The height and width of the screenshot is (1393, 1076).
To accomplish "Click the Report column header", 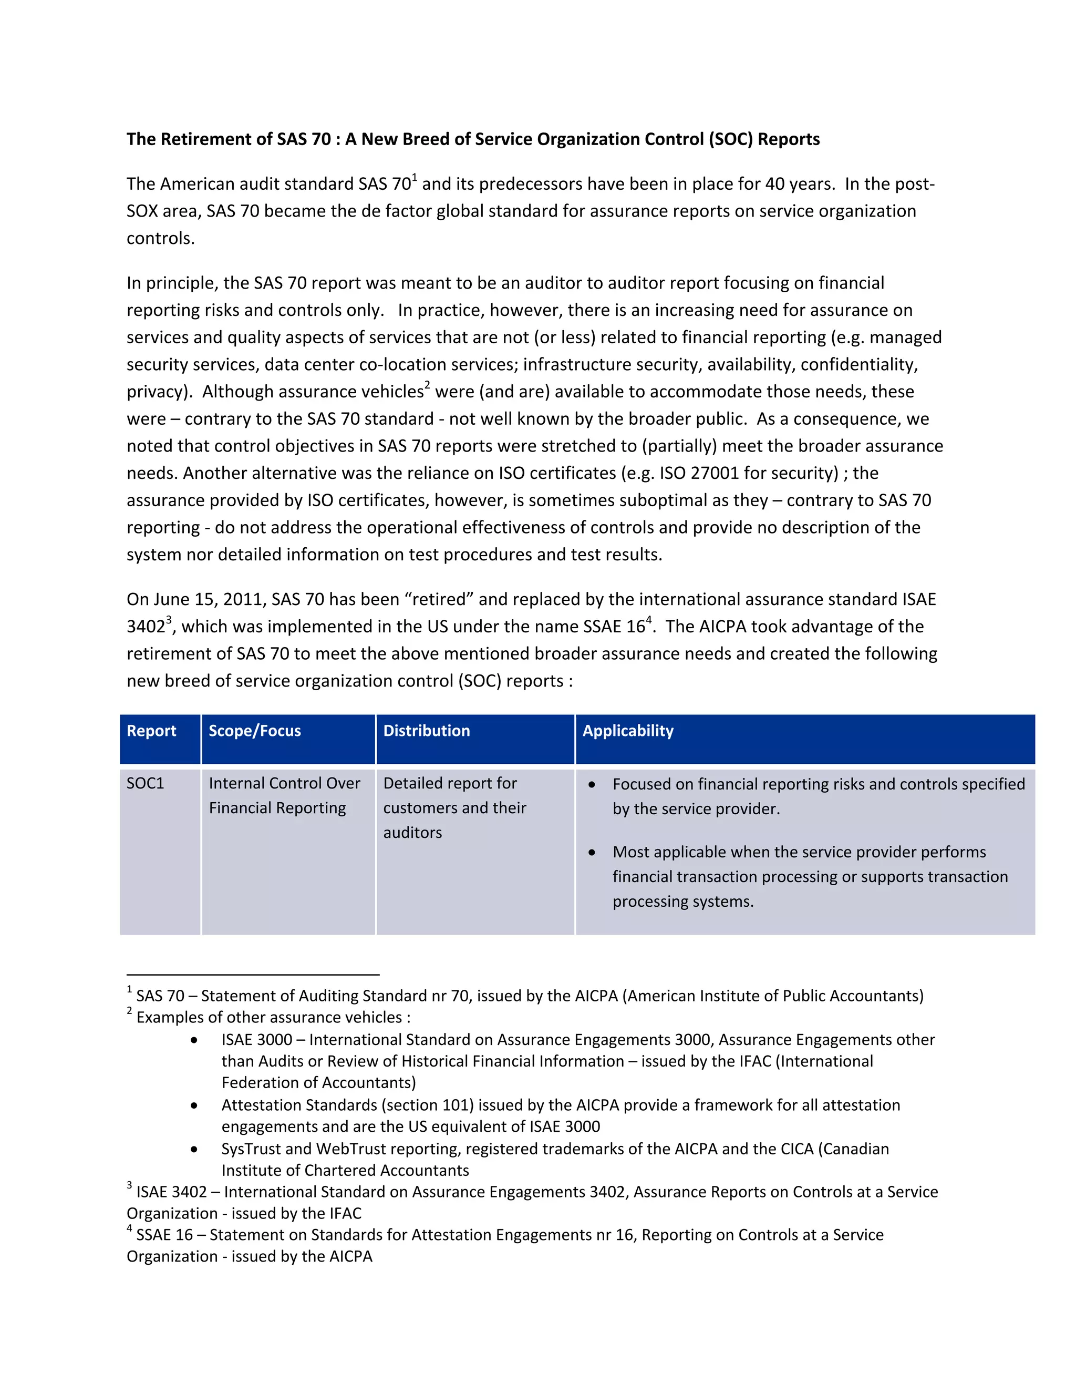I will (151, 731).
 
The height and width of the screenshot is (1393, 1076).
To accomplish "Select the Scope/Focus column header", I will (254, 731).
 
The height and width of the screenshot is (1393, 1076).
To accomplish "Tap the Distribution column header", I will (427, 731).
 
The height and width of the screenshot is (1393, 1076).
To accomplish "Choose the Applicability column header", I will (628, 731).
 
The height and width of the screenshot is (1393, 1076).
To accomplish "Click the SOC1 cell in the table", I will (146, 783).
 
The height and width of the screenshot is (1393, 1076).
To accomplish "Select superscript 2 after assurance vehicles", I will (427, 385).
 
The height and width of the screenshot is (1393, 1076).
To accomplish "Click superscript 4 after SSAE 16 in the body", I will (649, 619).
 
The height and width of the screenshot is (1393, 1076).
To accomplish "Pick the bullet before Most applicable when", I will (592, 852).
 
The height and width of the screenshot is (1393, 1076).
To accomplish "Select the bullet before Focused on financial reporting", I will (592, 784).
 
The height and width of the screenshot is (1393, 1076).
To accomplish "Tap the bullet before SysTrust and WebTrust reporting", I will (194, 1149).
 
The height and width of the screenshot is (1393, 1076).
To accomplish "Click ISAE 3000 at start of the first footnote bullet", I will (256, 1040).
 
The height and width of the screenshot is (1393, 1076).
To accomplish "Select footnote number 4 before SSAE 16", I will (129, 1228).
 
